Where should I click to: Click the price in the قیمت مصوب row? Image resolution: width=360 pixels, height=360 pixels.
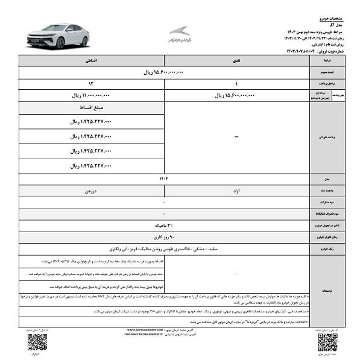(x=164, y=72)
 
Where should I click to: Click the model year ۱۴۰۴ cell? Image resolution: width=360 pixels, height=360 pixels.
(x=164, y=178)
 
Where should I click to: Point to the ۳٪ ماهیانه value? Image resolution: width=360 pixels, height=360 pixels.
(x=164, y=225)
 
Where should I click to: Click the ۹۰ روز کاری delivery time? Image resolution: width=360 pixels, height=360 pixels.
(x=164, y=236)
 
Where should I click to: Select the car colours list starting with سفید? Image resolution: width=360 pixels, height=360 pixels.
(x=164, y=248)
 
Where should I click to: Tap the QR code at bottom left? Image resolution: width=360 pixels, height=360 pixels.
(x=37, y=343)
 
